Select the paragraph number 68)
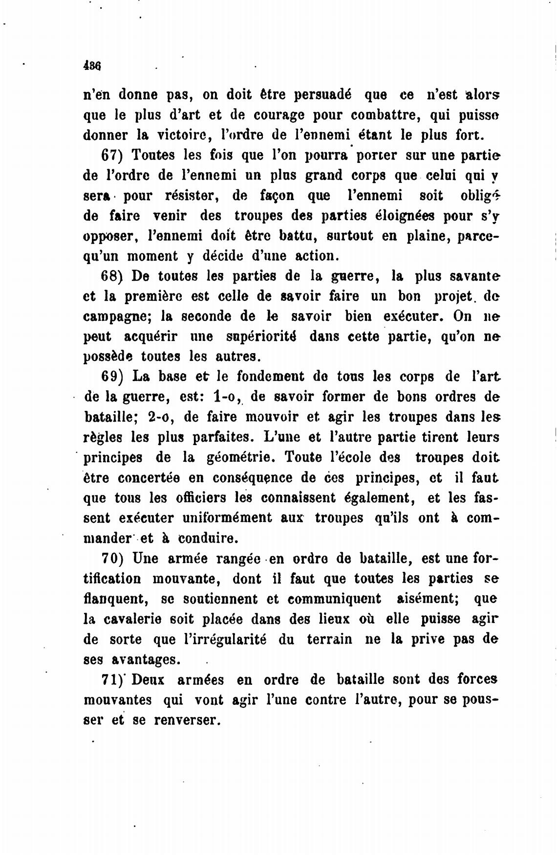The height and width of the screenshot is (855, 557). (111, 276)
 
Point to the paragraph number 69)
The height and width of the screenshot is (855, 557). (111, 377)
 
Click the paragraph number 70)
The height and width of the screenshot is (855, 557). (111, 558)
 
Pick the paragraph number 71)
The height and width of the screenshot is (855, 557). (112, 680)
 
